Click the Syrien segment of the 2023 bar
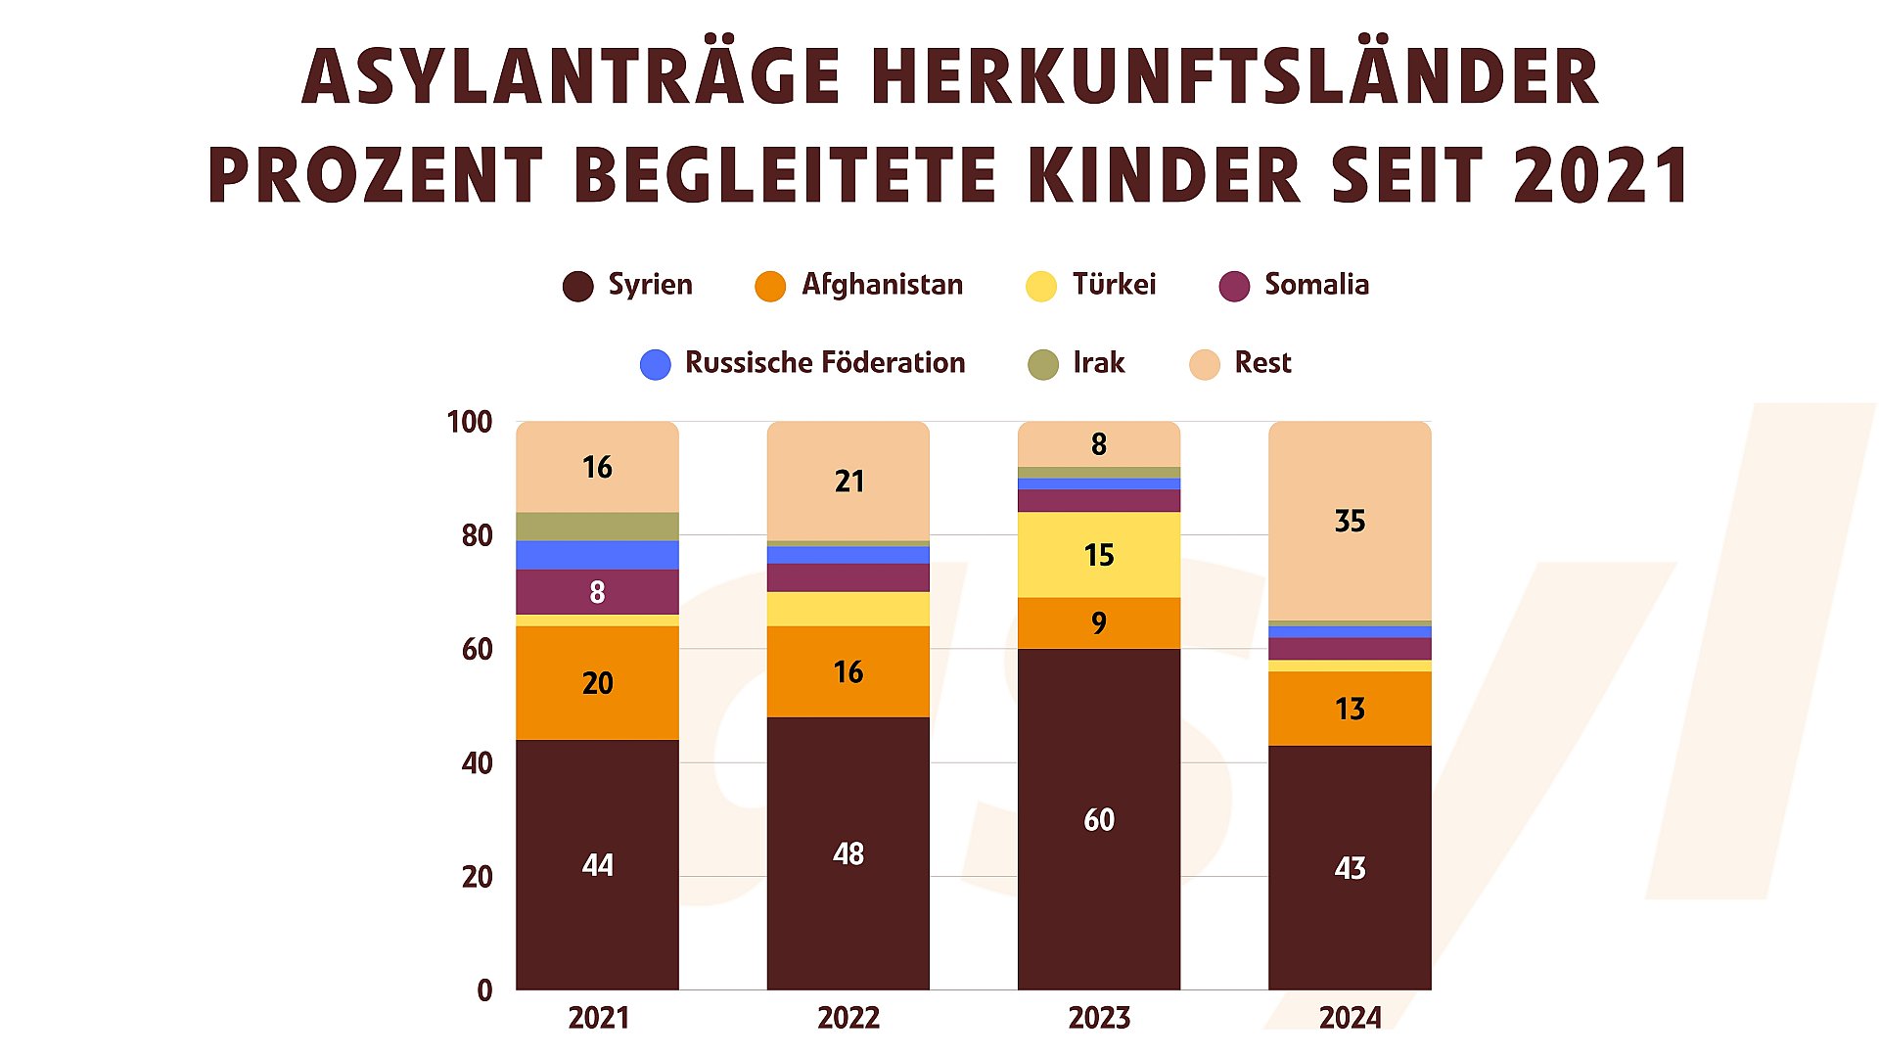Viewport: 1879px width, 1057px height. [1098, 818]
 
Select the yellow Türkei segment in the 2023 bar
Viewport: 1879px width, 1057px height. [1098, 555]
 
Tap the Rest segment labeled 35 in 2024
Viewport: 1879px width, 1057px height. [1350, 521]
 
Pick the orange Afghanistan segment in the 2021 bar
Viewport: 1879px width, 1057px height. [597, 682]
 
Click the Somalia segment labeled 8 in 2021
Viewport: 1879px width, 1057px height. [597, 592]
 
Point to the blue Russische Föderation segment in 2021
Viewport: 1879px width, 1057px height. [597, 555]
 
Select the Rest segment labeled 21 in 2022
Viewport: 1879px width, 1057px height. [848, 481]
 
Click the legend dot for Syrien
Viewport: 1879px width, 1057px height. [578, 286]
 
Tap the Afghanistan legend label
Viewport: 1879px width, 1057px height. [882, 285]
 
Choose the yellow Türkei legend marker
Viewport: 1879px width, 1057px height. [1041, 286]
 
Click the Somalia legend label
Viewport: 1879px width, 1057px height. [1316, 285]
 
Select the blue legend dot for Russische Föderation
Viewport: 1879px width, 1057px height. [656, 364]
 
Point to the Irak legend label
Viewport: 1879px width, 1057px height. [1099, 363]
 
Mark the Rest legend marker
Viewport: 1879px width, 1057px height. [1205, 364]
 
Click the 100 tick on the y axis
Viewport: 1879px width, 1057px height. [470, 422]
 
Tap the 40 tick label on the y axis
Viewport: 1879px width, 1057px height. [477, 762]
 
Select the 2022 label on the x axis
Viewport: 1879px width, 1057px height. [848, 1018]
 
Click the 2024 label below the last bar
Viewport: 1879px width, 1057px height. [1350, 1018]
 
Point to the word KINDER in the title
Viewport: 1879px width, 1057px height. [1164, 175]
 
